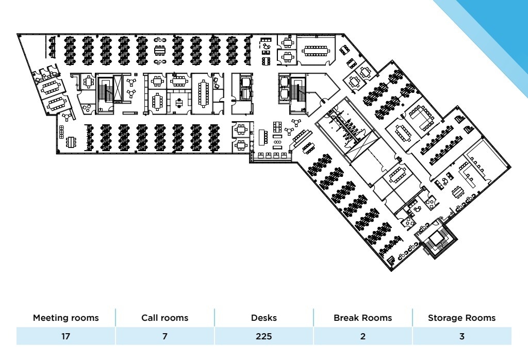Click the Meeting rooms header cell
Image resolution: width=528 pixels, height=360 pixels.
[x=65, y=318]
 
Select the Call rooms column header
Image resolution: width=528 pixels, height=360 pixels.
[x=164, y=318]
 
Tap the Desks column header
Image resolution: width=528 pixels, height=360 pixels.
[x=263, y=318]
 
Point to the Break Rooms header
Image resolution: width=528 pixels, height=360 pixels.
[x=362, y=318]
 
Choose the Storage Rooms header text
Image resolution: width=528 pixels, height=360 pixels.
[x=461, y=318]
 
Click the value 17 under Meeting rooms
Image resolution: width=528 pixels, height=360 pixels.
[x=65, y=337]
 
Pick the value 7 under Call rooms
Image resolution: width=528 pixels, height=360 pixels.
[x=164, y=337]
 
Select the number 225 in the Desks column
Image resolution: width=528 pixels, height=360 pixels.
[x=263, y=337]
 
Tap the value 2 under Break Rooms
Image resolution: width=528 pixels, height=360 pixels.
[x=362, y=337]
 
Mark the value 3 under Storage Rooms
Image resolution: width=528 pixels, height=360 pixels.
[x=461, y=337]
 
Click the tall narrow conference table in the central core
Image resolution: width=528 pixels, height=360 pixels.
[x=203, y=93]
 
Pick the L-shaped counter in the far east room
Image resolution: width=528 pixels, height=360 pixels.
[x=470, y=174]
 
